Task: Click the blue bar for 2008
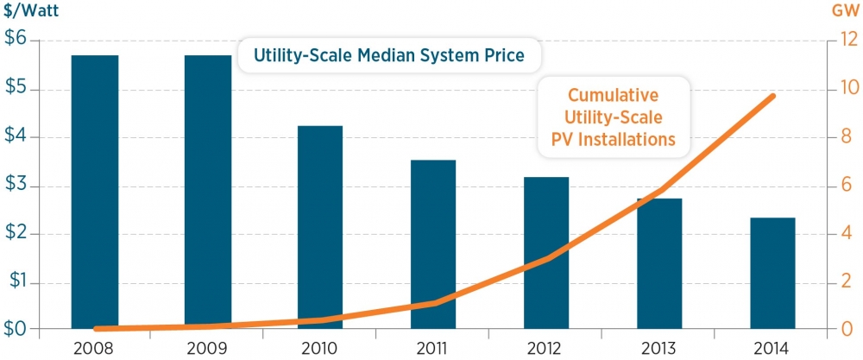[94, 192]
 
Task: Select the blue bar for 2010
[320, 227]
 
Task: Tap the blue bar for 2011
[433, 244]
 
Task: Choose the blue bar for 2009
[207, 192]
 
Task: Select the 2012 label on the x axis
[545, 349]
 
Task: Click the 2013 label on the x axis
[658, 349]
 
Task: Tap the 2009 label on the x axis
[207, 349]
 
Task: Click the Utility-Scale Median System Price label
[389, 58]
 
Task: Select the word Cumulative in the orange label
[614, 95]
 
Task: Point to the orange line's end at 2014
[772, 96]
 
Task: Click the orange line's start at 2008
[95, 329]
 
